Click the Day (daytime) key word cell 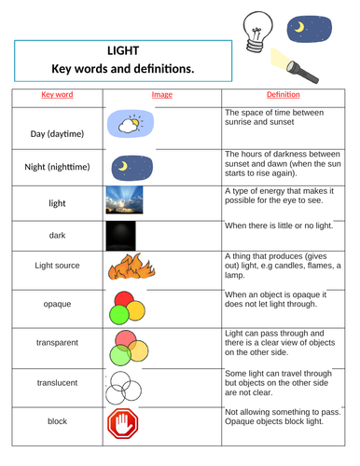(57, 134)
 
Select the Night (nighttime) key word (57, 167)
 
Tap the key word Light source (57, 267)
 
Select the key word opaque (57, 304)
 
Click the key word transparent (57, 342)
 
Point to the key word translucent (57, 382)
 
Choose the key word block (57, 421)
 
